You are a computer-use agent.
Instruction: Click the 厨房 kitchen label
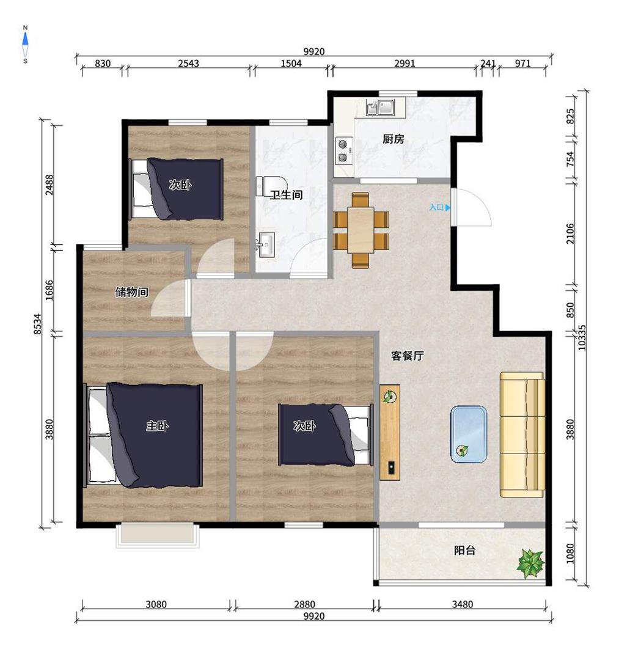(393, 139)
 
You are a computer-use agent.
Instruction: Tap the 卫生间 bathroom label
(286, 195)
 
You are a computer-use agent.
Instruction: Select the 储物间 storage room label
(132, 291)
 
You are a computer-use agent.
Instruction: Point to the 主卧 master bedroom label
(157, 426)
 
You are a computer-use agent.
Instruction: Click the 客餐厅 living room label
(408, 356)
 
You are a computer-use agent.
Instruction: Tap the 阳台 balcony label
(464, 550)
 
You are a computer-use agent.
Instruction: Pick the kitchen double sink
(380, 107)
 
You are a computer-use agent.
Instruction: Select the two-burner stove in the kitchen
(344, 151)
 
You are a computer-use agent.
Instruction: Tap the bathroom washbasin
(265, 244)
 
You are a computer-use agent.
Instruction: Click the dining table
(361, 230)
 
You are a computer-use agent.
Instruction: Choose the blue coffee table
(469, 434)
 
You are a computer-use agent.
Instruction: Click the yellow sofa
(522, 435)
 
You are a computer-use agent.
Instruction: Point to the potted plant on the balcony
(531, 563)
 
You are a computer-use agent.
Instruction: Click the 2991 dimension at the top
(405, 63)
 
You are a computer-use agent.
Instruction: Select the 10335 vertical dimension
(582, 337)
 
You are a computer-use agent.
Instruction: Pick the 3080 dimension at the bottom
(156, 604)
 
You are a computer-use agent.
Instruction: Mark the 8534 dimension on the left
(37, 324)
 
